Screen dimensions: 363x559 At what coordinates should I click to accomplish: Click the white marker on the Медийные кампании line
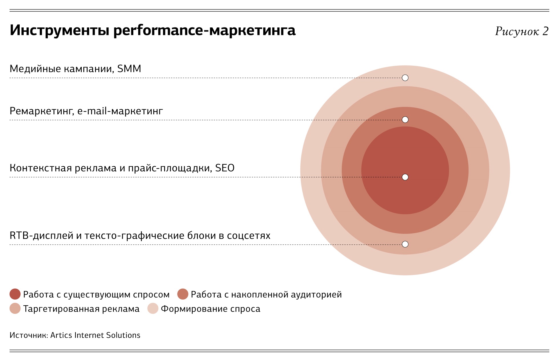405,78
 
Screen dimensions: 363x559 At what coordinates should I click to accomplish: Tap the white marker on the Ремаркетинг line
405,120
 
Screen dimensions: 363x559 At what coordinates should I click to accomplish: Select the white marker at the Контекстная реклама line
405,177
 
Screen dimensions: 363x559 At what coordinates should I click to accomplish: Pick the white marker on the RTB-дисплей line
405,244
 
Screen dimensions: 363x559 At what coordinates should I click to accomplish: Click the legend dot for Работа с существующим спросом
15,294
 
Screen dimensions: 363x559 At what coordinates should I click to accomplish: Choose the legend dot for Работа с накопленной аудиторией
183,294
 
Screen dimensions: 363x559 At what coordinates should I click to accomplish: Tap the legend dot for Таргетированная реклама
15,308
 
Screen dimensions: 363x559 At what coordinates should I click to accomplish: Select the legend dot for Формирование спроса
153,308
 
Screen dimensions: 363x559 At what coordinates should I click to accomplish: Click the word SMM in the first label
129,69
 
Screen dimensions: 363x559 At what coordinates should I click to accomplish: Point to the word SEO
225,168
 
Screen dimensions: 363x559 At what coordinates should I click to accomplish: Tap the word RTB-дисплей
41,236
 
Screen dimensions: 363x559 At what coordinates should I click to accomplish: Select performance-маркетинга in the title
204,30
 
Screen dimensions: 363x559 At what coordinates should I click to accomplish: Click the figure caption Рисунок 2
522,31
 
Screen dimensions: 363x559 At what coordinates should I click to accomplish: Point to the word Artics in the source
61,335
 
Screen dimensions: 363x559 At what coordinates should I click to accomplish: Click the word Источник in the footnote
28,335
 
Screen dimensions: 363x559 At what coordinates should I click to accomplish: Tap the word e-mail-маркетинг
120,111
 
